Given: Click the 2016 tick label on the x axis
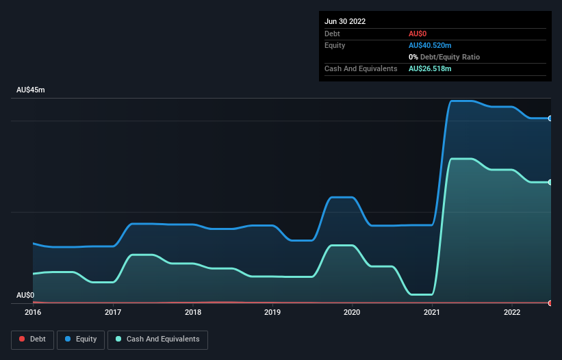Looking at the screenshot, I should pyautogui.click(x=33, y=312).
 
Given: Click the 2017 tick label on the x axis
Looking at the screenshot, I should pyautogui.click(x=113, y=312).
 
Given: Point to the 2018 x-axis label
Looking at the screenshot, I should pyautogui.click(x=193, y=312).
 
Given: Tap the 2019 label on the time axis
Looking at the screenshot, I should pyautogui.click(x=272, y=312).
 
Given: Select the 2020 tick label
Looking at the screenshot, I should pyautogui.click(x=353, y=312).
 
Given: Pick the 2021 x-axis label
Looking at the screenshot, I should pyautogui.click(x=432, y=312).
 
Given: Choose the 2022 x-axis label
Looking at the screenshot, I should pyautogui.click(x=512, y=312).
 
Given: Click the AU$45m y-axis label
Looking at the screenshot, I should pyautogui.click(x=31, y=90).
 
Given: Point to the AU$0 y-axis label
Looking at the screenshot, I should pyautogui.click(x=25, y=295).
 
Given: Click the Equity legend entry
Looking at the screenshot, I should pyautogui.click(x=81, y=339).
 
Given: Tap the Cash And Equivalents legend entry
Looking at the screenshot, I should pyautogui.click(x=157, y=339).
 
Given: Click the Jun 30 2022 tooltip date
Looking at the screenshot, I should pyautogui.click(x=345, y=21).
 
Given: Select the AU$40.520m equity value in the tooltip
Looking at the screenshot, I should pyautogui.click(x=430, y=45).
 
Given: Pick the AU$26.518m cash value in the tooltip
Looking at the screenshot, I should pyautogui.click(x=430, y=68).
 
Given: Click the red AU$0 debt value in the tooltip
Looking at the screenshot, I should pyautogui.click(x=418, y=34).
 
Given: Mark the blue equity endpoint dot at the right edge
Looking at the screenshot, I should pyautogui.click(x=550, y=118).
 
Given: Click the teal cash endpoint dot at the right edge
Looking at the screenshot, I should pyautogui.click(x=550, y=182).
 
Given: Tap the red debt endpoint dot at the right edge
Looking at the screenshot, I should pyautogui.click(x=550, y=303).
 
